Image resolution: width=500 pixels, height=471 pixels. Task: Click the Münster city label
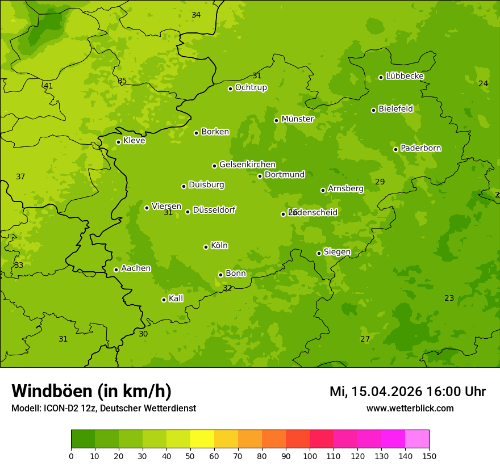[x=297, y=119]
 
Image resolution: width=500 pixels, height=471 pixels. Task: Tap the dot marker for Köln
[x=206, y=247]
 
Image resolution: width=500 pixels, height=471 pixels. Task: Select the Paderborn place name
[x=420, y=148]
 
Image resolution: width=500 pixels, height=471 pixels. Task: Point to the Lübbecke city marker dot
[x=381, y=77]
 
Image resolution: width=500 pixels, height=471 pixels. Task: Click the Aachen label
[x=136, y=268]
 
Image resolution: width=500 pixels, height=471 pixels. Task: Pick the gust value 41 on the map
[x=48, y=86]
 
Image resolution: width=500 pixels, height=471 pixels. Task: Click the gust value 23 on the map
[x=449, y=298]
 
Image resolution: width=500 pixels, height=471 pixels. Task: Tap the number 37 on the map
[x=20, y=177]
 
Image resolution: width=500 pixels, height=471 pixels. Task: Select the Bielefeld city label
[x=395, y=109]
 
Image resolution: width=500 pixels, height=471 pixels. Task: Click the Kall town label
[x=176, y=298]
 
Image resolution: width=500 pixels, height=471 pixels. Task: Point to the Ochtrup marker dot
[x=230, y=89]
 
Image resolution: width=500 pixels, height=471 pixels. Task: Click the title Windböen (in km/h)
[x=91, y=391]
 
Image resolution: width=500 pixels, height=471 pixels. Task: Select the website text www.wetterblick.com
[x=410, y=408]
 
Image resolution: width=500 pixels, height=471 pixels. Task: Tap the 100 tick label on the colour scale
[x=310, y=456]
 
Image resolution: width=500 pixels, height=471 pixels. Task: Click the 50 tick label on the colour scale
[x=190, y=456]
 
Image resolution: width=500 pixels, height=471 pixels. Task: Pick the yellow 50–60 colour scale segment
[x=202, y=439]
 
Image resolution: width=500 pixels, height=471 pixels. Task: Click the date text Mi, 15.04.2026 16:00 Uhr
[x=407, y=392]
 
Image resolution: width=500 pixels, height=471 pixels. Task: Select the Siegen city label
[x=337, y=252]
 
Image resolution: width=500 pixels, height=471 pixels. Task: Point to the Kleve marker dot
[x=118, y=142]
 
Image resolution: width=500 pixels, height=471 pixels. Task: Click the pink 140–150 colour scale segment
[x=417, y=439]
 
